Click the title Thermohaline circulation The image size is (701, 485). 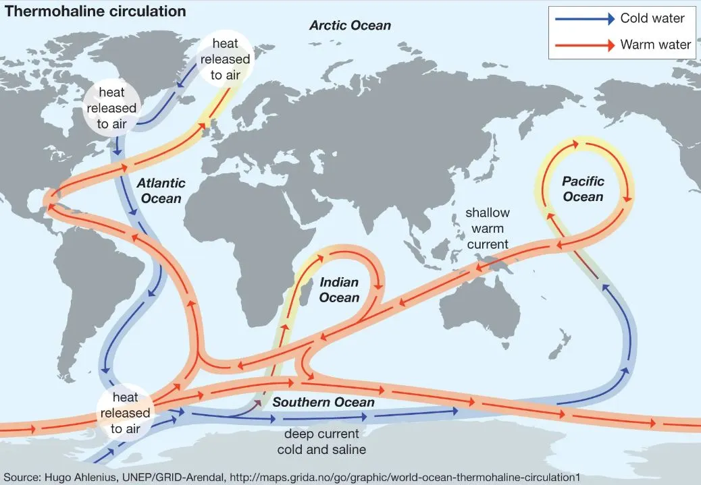(x=95, y=11)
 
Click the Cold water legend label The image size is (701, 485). (x=652, y=19)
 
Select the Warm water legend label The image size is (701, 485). (x=655, y=45)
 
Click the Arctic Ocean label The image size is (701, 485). (x=350, y=26)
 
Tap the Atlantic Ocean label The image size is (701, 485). (x=160, y=191)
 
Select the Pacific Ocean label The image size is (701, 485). (x=583, y=189)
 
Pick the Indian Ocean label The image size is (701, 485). (x=339, y=290)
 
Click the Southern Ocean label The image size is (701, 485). (x=323, y=403)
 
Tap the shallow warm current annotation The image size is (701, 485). (x=488, y=229)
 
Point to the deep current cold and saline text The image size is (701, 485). (x=321, y=442)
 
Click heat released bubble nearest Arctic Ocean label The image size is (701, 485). (x=225, y=59)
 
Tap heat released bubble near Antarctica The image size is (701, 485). (x=126, y=413)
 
